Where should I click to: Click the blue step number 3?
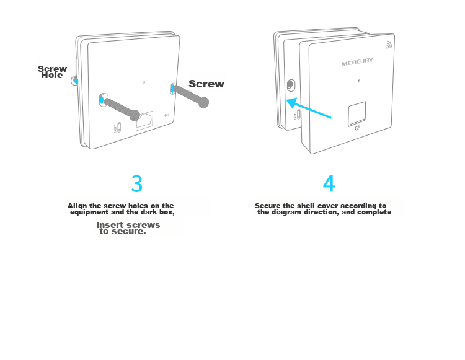[137, 183]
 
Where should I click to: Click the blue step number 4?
[329, 183]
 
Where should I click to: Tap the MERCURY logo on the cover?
[357, 61]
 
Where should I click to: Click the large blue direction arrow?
[308, 108]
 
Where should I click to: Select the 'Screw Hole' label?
[52, 72]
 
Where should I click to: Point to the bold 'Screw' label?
[206, 84]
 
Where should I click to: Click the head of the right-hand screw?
[204, 103]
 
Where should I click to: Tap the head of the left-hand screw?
[135, 115]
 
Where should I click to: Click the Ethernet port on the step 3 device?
[144, 121]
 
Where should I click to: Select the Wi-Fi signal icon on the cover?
[389, 45]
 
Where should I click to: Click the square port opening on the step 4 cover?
[356, 114]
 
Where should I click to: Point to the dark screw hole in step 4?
[291, 85]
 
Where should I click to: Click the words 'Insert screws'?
[128, 225]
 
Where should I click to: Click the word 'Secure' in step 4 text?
[267, 206]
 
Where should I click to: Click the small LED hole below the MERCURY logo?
[359, 81]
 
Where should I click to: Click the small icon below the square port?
[357, 128]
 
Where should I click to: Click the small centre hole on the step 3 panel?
[144, 82]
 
